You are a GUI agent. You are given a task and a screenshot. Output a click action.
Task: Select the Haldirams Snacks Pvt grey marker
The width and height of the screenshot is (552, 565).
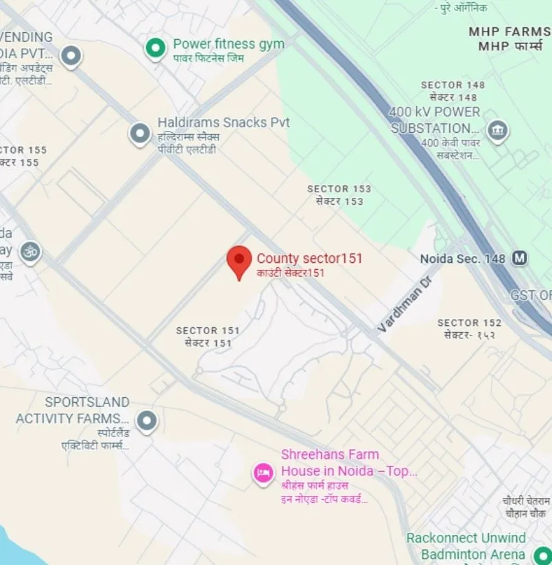(x=141, y=133)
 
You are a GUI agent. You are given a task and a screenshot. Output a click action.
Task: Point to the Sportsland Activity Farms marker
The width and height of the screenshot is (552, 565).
(x=146, y=420)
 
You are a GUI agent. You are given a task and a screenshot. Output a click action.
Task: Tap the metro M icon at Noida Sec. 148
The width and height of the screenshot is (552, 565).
(x=520, y=258)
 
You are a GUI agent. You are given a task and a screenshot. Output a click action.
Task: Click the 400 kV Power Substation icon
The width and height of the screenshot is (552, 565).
(x=497, y=129)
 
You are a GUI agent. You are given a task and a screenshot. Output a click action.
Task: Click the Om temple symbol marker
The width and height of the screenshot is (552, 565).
(x=29, y=251)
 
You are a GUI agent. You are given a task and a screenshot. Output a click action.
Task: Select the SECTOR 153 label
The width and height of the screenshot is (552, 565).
(x=339, y=189)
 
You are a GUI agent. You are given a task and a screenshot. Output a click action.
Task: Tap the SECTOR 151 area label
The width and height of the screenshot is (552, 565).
(x=208, y=331)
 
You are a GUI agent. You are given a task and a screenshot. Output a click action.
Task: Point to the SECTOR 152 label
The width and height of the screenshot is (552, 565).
(x=469, y=323)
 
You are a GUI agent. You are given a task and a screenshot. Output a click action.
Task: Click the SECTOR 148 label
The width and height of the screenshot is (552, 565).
(x=453, y=85)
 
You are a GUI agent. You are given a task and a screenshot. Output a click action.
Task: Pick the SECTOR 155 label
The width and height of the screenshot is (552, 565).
(x=22, y=150)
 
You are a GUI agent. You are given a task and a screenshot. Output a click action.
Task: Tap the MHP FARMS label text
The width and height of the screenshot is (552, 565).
(x=509, y=32)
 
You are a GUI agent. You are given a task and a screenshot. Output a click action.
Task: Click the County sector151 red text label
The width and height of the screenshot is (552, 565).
(x=309, y=258)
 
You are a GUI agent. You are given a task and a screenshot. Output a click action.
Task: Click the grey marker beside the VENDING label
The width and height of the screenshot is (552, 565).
(x=71, y=55)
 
